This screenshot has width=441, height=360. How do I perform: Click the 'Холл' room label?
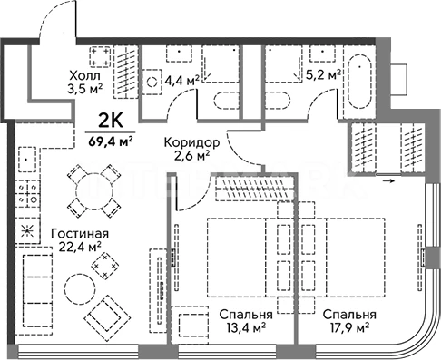[84, 75]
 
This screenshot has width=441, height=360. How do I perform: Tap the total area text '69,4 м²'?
[111, 141]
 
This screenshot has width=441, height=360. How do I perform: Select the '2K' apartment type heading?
[111, 121]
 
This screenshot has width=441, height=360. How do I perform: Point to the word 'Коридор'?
[191, 142]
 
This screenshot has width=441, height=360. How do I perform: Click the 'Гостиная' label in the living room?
[80, 234]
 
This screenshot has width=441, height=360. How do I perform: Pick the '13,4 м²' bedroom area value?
[246, 327]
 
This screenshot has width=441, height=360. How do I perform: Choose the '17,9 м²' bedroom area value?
[349, 327]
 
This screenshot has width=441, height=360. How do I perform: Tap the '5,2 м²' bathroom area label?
[323, 74]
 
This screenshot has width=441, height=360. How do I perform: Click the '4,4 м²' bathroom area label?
[182, 81]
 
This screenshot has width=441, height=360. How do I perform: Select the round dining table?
[94, 191]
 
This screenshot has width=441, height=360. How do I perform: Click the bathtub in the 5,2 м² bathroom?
[359, 81]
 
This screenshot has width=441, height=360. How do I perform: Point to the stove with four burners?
[28, 193]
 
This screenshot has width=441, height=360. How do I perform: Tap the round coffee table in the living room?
[80, 289]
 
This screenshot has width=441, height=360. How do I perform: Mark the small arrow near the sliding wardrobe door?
[389, 181]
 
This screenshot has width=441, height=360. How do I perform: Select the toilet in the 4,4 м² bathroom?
[227, 101]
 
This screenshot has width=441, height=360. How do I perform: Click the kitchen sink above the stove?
[27, 160]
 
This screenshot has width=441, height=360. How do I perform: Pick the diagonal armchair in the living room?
[107, 318]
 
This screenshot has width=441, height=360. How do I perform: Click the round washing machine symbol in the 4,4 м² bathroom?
[152, 82]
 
